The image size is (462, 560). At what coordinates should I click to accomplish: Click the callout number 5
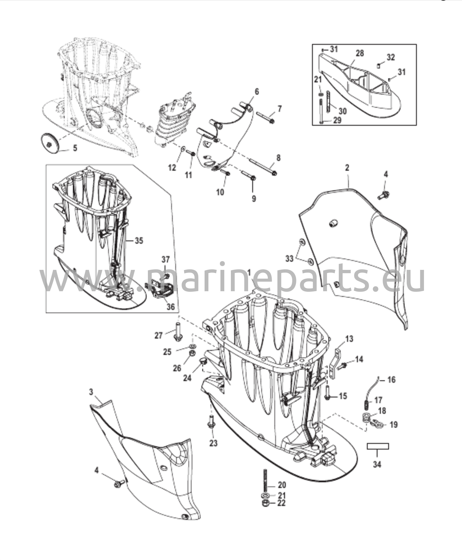coord(75,148)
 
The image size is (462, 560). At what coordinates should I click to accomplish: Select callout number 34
coord(377,464)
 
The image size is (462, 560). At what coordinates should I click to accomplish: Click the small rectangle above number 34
coord(378,446)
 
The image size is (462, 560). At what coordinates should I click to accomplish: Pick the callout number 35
coord(139,241)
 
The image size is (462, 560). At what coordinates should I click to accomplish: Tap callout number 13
coord(349,339)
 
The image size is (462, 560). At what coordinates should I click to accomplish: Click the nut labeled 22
coord(265,503)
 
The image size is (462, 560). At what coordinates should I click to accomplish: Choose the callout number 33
coord(289,258)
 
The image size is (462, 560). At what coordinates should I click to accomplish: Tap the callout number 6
coord(256,92)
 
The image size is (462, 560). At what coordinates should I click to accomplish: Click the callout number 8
coord(279,158)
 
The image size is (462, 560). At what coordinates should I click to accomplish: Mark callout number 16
coord(392,380)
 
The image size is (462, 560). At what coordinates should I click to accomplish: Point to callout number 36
coord(170,307)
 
